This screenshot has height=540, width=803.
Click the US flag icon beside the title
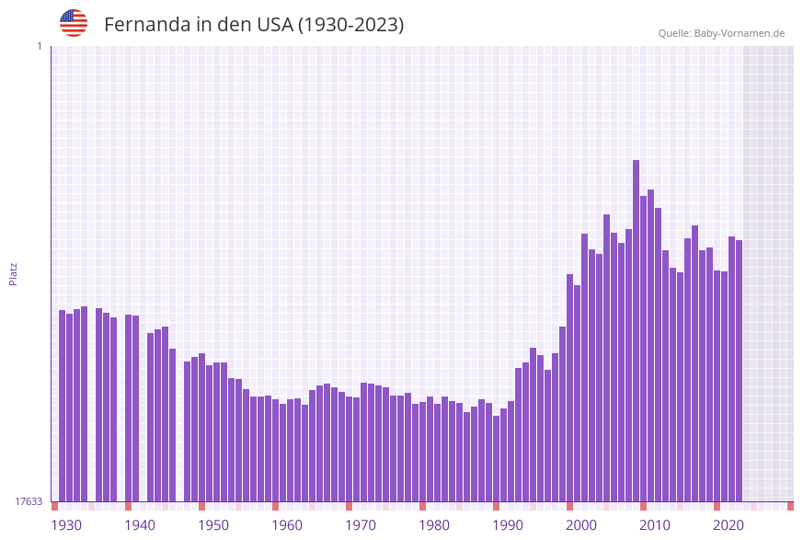tap(74, 23)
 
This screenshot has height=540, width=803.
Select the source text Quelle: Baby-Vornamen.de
tap(721, 33)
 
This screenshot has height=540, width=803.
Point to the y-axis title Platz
tap(14, 273)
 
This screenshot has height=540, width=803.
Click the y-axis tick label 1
tap(39, 46)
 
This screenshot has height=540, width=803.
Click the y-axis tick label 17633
tap(29, 501)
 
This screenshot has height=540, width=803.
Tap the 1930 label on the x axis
tap(65, 525)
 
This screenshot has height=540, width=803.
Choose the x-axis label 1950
tap(213, 525)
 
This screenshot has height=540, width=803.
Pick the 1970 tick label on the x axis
tap(361, 525)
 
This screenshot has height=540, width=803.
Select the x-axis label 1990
tap(508, 525)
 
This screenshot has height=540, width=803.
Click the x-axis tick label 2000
tap(581, 525)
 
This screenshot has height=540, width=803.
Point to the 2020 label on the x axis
tap(728, 525)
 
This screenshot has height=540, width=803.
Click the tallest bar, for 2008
tap(637, 331)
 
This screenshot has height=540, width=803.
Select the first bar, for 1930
tap(63, 405)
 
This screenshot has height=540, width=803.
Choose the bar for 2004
tap(607, 359)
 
